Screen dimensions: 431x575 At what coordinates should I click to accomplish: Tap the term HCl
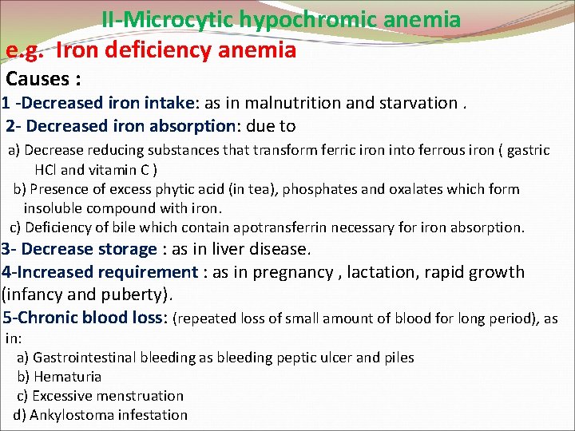[46, 169]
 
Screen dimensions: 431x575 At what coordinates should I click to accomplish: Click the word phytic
[173, 189]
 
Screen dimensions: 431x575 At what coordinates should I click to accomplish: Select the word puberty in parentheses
[138, 295]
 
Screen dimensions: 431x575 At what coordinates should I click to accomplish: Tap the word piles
[398, 357]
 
